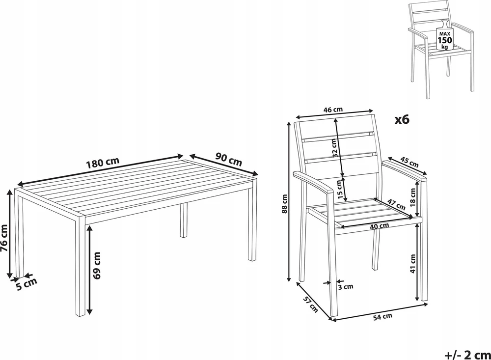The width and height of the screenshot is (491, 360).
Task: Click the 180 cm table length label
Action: coord(103,162)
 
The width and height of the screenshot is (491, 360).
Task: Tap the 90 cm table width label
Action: coord(229,159)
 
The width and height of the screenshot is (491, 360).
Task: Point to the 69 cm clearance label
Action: coord(97,265)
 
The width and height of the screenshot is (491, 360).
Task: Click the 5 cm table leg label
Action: coord(27,284)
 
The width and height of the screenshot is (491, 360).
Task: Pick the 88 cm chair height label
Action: coord(284,204)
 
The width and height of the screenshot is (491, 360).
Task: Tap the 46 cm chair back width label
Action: coord(333,110)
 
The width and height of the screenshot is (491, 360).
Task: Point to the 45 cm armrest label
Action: coord(409,162)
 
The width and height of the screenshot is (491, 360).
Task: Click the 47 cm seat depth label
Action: coord(396,205)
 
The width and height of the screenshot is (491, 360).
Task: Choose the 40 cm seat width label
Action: coord(379,225)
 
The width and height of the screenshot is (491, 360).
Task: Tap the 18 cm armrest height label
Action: coord(412,196)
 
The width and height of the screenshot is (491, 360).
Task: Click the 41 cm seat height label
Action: coord(413,264)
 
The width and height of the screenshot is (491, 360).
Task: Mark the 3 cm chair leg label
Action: coord(345,286)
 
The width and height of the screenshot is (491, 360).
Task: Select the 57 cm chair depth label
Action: coord(310,304)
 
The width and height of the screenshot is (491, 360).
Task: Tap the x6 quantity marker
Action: coord(402,119)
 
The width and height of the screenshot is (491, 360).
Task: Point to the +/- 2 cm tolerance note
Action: coord(467,355)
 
